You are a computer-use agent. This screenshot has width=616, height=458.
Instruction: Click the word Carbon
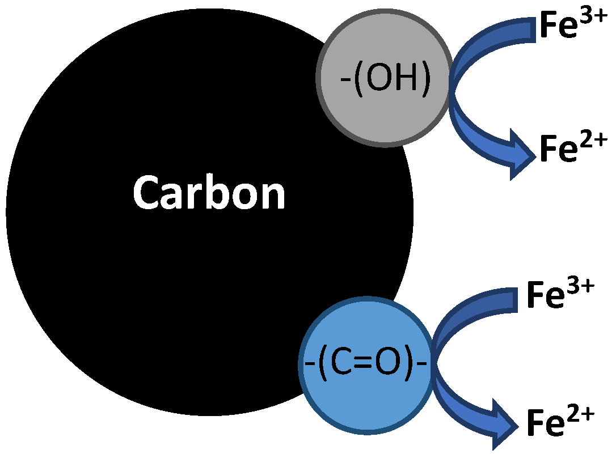tap(209, 193)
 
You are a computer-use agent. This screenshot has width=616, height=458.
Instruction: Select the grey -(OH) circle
tap(385, 105)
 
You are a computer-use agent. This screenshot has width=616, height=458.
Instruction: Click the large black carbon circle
tap(170, 255)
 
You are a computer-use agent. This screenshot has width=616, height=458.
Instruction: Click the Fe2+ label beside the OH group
tap(573, 149)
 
